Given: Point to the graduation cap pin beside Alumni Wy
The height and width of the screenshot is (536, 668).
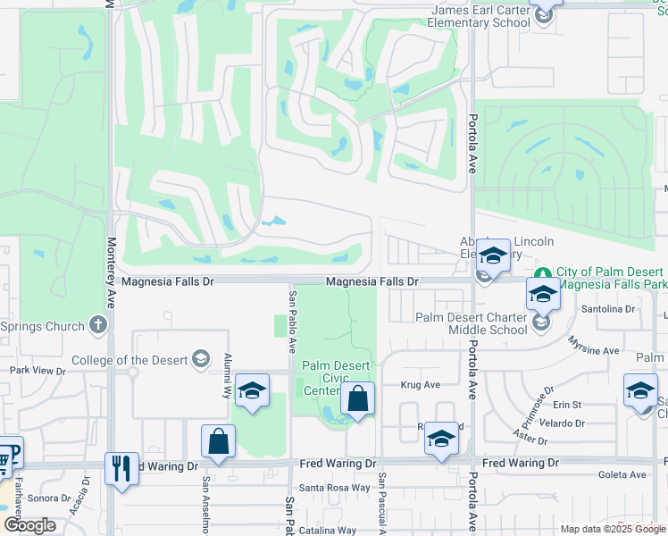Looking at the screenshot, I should coord(253,390).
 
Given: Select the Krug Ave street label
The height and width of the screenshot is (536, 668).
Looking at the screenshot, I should coord(420,385).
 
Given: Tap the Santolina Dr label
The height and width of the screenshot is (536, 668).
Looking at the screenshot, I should coord(607,309).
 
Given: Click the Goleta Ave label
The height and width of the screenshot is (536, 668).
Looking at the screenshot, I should coord(622,475).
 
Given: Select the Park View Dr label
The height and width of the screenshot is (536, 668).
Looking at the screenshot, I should coord(38,370).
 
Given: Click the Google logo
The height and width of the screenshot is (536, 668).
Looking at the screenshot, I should coord(29,525).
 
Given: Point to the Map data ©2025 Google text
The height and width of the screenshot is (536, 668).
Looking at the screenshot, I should coord(612,529).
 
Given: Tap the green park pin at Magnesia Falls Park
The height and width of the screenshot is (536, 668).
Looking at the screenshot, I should coord(542,272).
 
